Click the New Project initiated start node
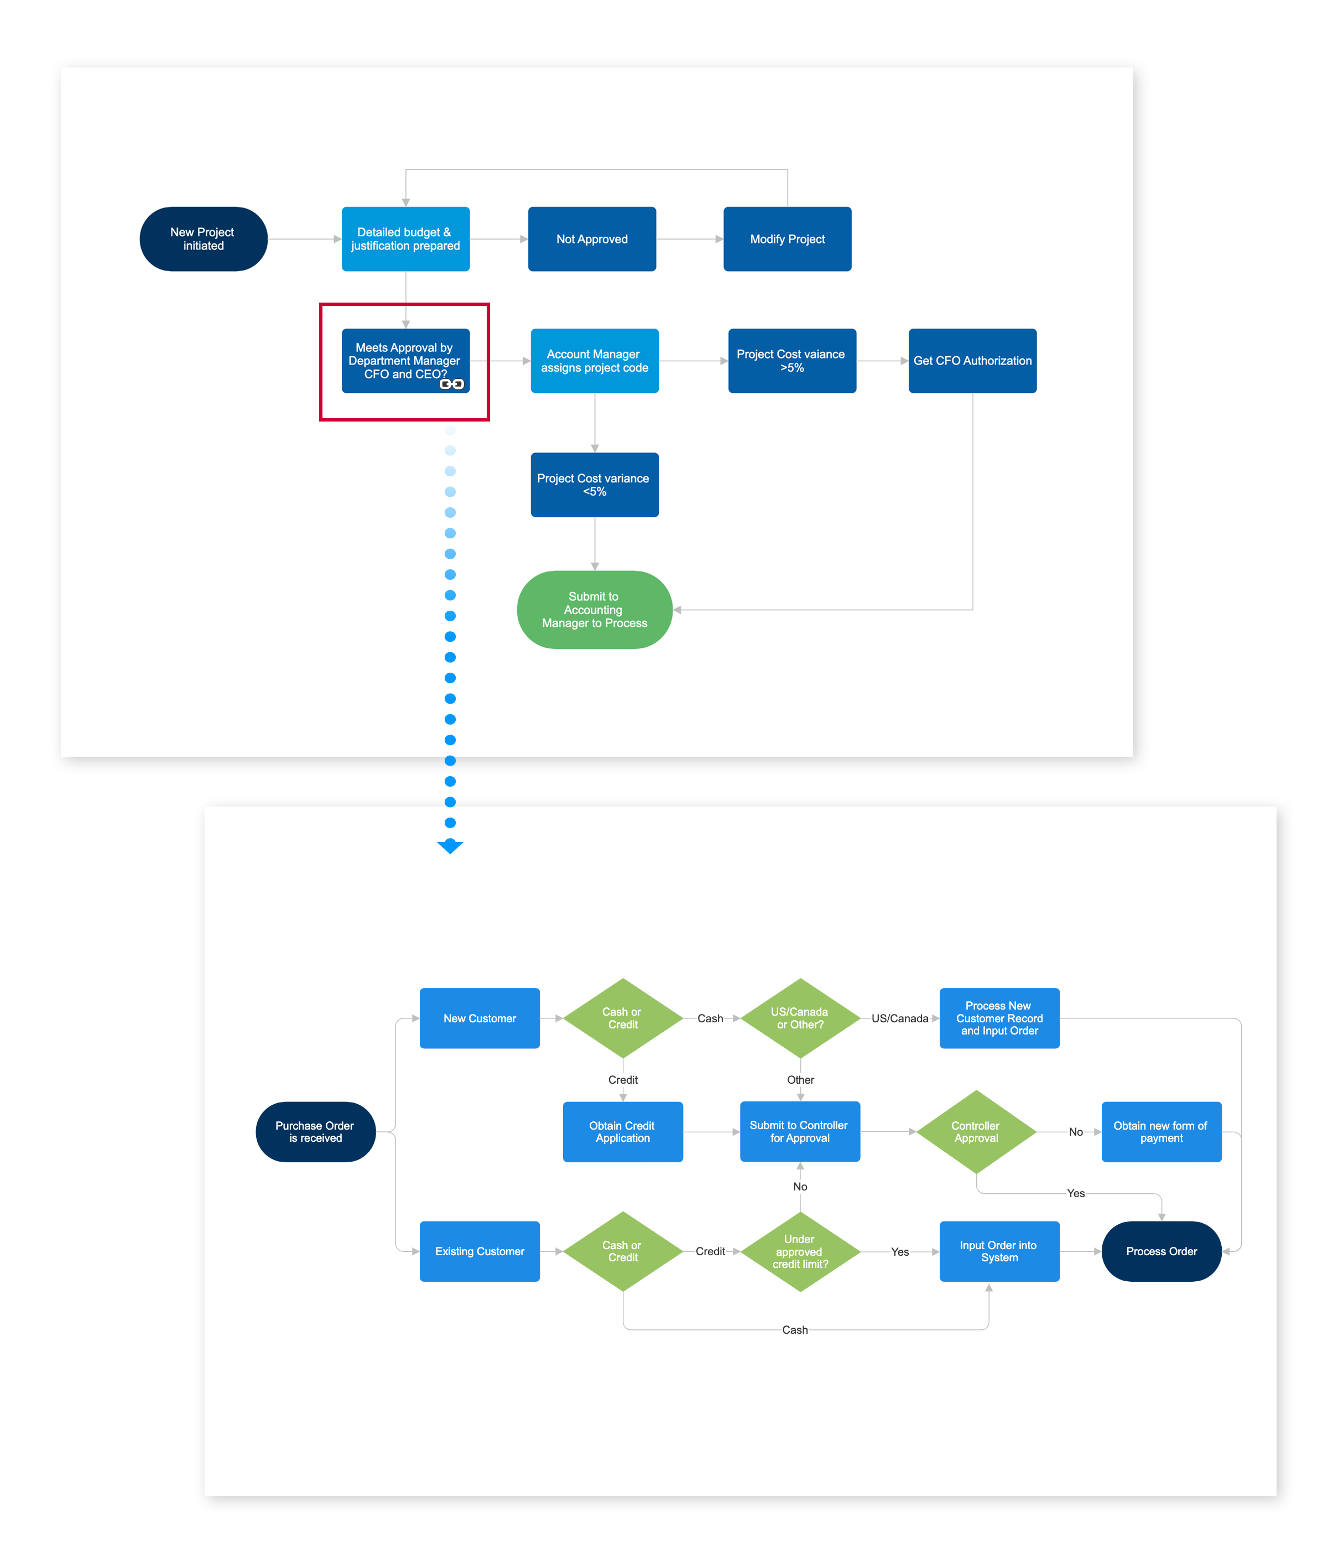203,238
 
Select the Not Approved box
592,238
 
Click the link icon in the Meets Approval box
451,384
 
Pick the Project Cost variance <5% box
594,485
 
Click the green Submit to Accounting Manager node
594,609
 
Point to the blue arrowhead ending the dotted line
450,846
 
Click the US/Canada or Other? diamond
800,1018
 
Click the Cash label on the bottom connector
794,1330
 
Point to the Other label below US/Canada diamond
800,1079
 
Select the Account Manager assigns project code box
594,361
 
